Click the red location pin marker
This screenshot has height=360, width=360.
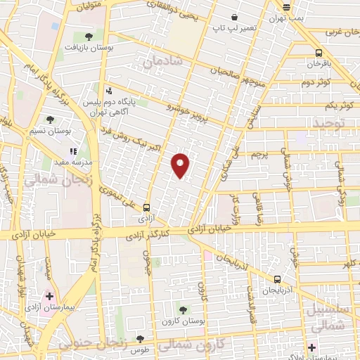pos(181,165)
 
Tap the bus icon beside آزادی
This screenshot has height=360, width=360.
pos(146,207)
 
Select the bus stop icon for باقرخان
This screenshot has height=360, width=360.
pos(319,53)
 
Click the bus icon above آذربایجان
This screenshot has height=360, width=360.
pos(278,278)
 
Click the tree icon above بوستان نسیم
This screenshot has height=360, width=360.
pos(50,120)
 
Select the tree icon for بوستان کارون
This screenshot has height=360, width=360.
pos(183,309)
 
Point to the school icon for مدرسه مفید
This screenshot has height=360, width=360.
pos(72,150)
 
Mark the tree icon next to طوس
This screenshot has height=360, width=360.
pos(141,339)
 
